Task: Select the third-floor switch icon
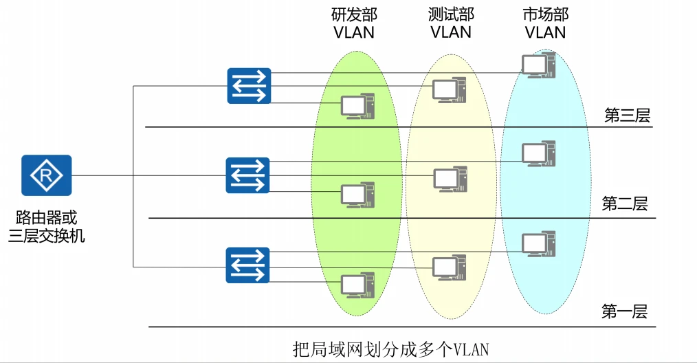tap(249, 86)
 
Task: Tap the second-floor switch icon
tap(248, 175)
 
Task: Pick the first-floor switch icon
tap(248, 265)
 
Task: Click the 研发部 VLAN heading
tap(354, 23)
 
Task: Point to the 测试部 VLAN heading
tap(450, 23)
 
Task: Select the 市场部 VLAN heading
tap(545, 23)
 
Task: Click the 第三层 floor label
tap(626, 115)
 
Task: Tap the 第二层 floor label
tap(625, 203)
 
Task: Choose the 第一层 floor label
tap(624, 311)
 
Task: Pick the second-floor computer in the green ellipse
tap(357, 195)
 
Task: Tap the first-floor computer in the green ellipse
tap(357, 284)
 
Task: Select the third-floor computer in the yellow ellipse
tap(449, 89)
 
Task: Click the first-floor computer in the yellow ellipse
tap(449, 266)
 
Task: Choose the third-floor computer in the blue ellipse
tap(538, 65)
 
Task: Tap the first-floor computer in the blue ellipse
tap(538, 243)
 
